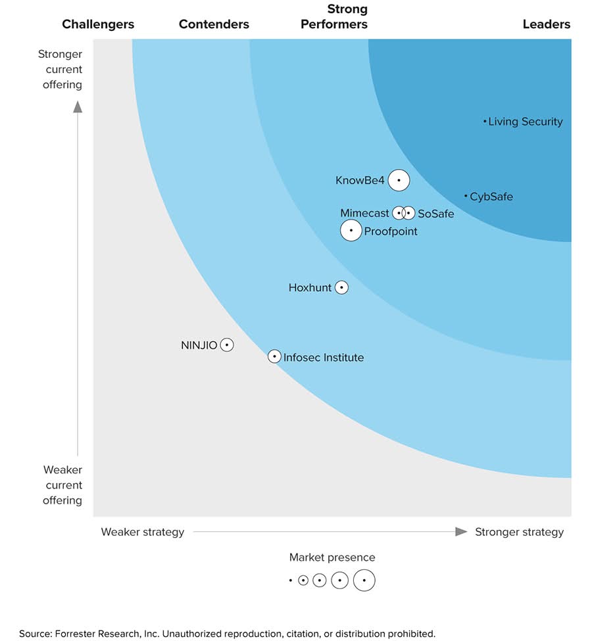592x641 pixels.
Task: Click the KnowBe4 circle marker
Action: (x=399, y=180)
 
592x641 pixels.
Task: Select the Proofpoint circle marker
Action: (x=351, y=231)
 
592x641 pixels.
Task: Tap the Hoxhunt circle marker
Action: (x=341, y=287)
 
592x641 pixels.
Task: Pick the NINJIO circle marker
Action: (x=227, y=344)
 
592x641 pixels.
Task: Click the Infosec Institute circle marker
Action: (x=274, y=356)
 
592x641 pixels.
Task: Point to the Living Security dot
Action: (x=485, y=122)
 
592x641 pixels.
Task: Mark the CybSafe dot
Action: (x=466, y=196)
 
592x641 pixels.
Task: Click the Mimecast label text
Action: (x=364, y=214)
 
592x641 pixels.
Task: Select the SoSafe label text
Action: (x=435, y=214)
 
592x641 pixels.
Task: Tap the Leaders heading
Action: (x=546, y=24)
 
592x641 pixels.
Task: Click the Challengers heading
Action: (x=98, y=24)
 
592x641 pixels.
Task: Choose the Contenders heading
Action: (x=214, y=24)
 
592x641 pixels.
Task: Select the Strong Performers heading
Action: (x=334, y=17)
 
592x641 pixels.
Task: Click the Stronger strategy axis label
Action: (x=519, y=532)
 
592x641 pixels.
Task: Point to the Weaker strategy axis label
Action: (x=142, y=532)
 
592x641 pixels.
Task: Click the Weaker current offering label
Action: (x=62, y=485)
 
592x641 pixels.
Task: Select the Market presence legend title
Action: (x=332, y=558)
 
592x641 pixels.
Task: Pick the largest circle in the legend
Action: (x=364, y=581)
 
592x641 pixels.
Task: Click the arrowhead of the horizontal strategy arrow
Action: (x=462, y=532)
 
